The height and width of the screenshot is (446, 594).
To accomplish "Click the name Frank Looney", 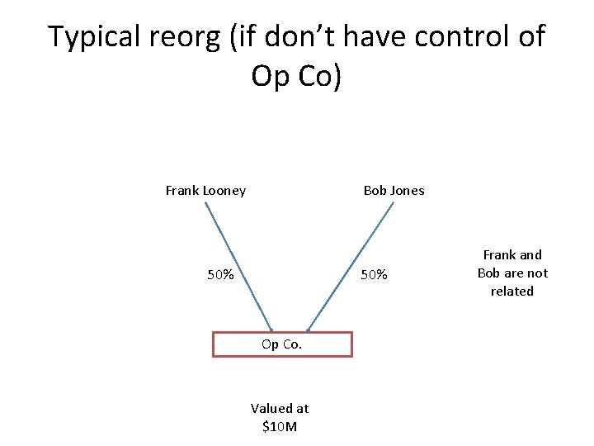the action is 205,191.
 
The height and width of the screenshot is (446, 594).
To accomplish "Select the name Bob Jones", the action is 394,191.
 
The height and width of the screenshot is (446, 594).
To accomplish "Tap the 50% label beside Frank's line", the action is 220,274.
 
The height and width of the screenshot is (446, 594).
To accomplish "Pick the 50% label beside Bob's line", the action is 374,274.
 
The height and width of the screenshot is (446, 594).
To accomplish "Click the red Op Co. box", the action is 282,344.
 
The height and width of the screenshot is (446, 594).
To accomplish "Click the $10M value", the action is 280,427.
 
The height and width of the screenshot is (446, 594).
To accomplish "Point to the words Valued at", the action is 280,408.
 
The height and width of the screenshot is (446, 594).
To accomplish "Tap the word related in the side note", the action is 512,292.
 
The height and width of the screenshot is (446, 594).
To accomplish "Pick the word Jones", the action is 408,191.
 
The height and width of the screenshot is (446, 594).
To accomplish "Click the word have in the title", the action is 378,37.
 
